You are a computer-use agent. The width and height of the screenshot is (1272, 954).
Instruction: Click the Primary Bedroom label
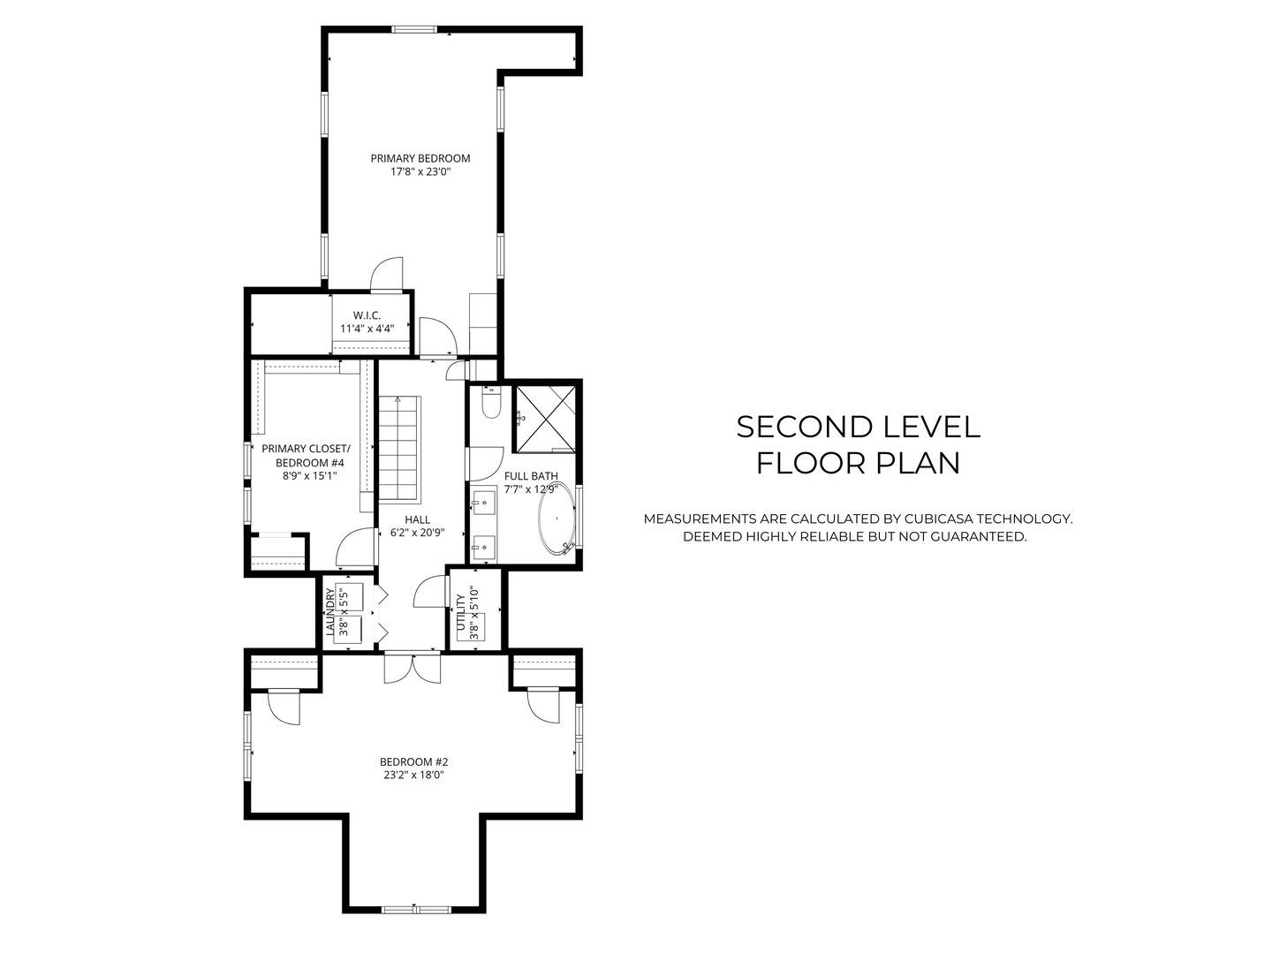pos(420,158)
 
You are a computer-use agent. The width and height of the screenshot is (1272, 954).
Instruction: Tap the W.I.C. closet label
pos(367,315)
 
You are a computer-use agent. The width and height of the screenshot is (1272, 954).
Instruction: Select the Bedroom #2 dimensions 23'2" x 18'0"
pos(413,775)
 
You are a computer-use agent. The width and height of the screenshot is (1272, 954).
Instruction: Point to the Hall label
pos(417,519)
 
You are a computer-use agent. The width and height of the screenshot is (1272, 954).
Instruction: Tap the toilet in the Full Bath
pos(491,403)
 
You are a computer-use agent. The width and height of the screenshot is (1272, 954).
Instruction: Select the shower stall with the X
pos(545,419)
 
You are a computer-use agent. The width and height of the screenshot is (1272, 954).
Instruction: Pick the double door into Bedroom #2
pos(413,668)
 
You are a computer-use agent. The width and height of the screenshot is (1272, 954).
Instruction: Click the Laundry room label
pos(330,612)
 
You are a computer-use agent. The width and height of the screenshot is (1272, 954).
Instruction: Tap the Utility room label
pos(461,612)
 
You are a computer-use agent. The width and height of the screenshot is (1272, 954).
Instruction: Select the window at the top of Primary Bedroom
pos(413,29)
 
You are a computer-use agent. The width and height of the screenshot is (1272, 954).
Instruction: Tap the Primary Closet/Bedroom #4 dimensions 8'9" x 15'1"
pos(309,476)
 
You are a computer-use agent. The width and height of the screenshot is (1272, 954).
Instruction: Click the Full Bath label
pos(531,476)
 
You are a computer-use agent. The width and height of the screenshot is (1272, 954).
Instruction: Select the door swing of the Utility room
pos(429,592)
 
